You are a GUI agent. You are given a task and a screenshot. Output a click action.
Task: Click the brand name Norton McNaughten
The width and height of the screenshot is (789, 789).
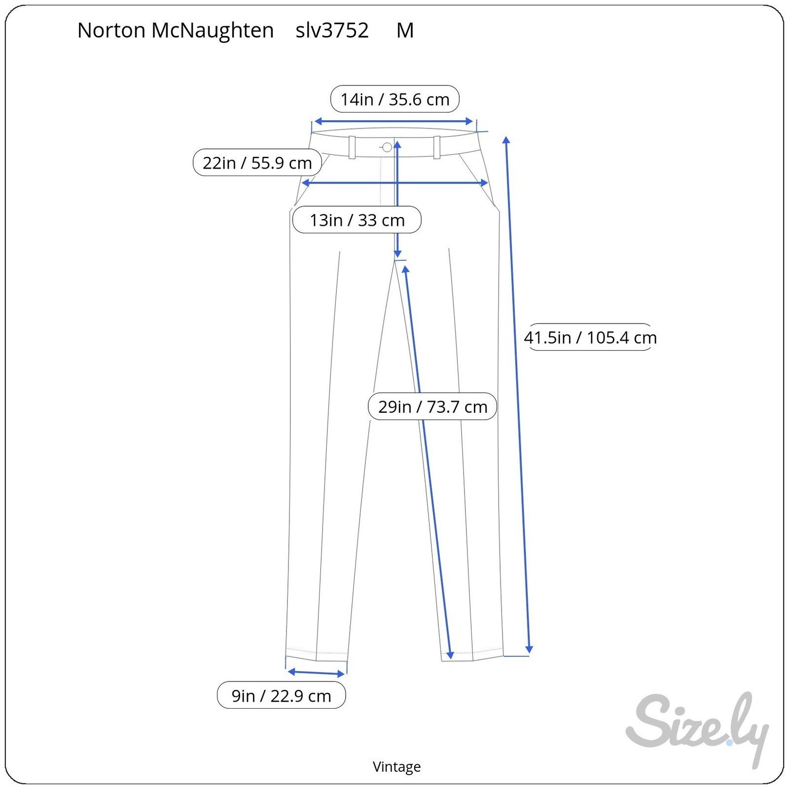(x=176, y=31)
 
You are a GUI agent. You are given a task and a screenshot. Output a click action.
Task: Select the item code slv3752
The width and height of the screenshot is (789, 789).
(x=332, y=31)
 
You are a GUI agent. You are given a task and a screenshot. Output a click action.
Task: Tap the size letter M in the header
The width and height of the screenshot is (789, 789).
(x=405, y=31)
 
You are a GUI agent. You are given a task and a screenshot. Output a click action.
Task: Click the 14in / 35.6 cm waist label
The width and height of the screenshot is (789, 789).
(x=395, y=99)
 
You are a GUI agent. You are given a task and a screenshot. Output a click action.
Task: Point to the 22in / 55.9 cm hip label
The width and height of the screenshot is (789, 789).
(x=257, y=162)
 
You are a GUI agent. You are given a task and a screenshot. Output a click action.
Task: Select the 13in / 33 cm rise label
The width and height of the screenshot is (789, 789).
(x=357, y=220)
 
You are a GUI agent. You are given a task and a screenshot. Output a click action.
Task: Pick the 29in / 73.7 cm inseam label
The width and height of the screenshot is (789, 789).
(x=432, y=406)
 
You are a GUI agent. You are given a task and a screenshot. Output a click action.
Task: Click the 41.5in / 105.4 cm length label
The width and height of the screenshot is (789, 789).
(x=590, y=337)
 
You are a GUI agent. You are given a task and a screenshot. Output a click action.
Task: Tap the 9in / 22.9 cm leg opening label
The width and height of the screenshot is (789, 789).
(x=282, y=695)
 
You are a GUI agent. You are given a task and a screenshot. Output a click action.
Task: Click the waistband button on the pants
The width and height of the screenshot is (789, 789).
(x=387, y=147)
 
